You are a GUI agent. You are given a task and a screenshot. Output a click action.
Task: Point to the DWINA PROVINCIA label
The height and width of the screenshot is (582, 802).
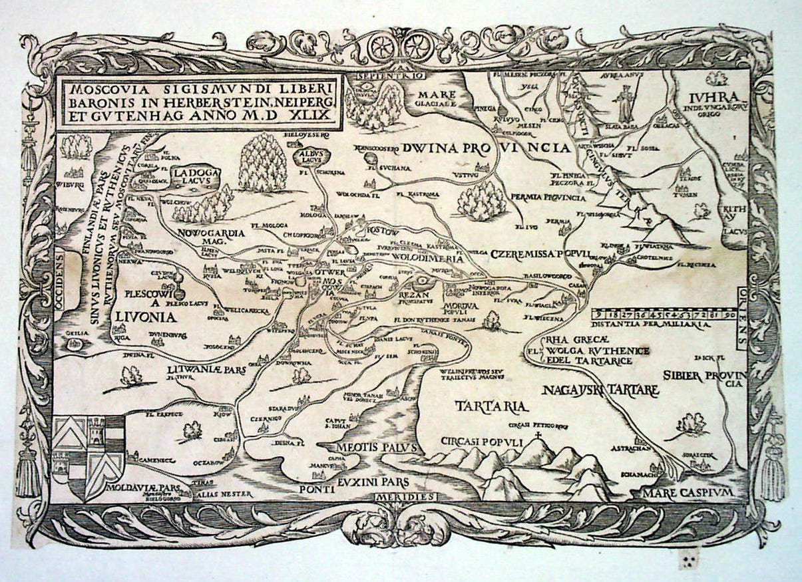point(487,148)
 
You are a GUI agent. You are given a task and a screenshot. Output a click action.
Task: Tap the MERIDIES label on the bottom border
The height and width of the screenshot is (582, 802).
point(405,497)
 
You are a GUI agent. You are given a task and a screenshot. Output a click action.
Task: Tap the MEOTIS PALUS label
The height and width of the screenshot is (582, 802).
point(377,448)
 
